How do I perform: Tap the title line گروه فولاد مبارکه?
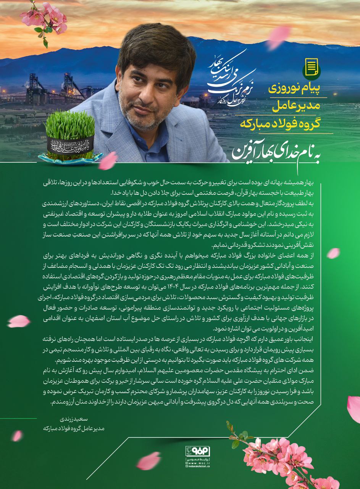click(x=286, y=124)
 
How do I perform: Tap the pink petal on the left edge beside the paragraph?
click(x=18, y=321)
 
